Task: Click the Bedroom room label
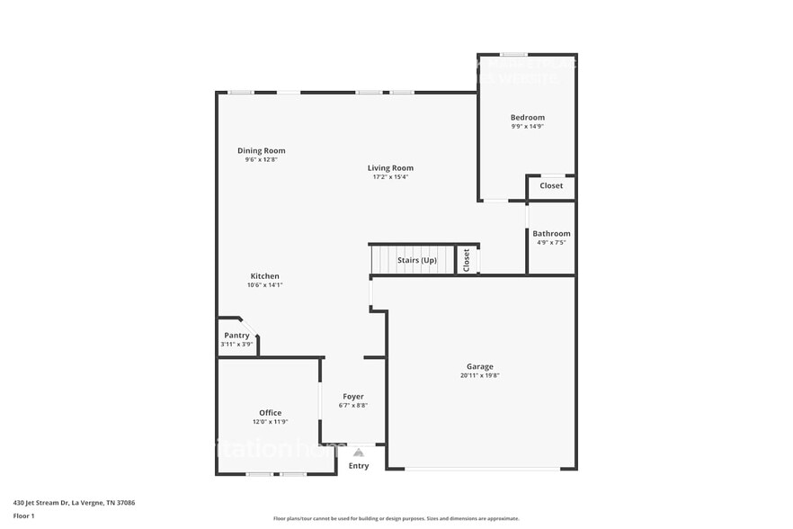(527, 118)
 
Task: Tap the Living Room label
(390, 168)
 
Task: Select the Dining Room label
(261, 151)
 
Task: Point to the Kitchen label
(264, 276)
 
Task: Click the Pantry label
(236, 336)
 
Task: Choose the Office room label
(270, 413)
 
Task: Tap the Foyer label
(353, 397)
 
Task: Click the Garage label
(479, 367)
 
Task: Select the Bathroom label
(551, 234)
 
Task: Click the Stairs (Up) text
(416, 261)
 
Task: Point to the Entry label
(358, 466)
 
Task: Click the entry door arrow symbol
(358, 453)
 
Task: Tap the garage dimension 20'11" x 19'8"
(479, 376)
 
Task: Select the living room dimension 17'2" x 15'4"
(390, 177)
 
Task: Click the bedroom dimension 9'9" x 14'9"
(527, 127)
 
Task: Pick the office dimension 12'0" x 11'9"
(270, 422)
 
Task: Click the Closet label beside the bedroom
(551, 186)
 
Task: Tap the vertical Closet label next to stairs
(467, 260)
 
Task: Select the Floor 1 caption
(23, 516)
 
